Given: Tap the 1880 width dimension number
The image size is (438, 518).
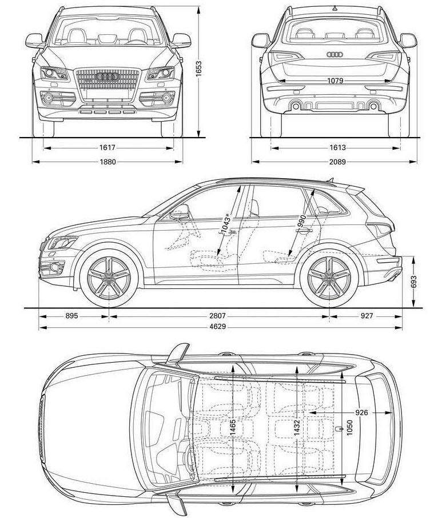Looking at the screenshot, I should point(107,162).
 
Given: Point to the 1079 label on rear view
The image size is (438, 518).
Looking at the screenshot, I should point(335,81).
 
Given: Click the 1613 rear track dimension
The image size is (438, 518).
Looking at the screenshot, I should point(337,148).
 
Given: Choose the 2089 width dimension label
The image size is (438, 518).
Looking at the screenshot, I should point(337,162).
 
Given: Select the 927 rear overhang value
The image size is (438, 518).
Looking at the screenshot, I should point(367,315).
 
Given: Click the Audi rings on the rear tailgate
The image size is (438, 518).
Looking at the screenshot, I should point(334,55).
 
